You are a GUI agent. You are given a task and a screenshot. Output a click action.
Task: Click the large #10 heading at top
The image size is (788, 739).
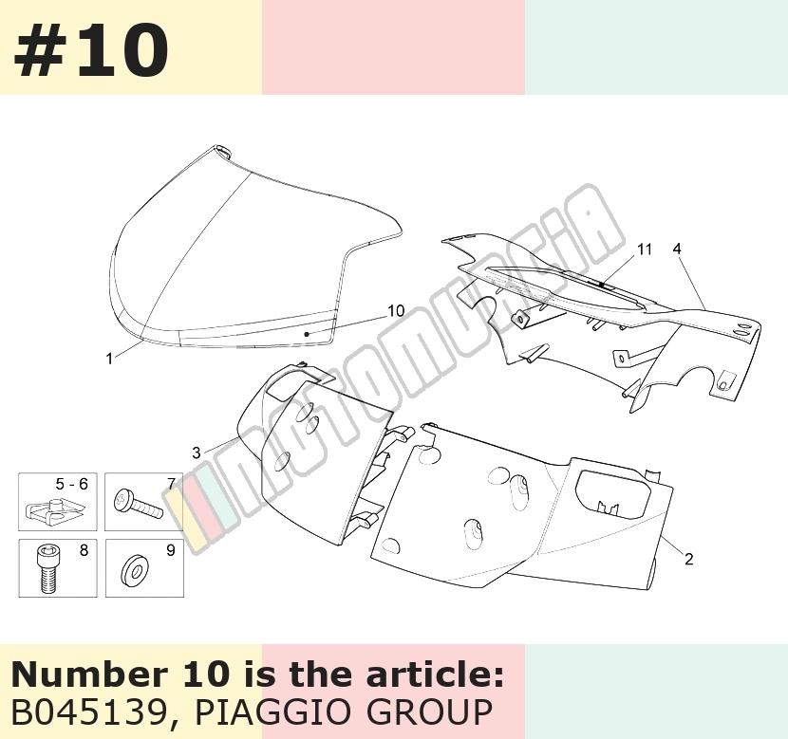(91, 50)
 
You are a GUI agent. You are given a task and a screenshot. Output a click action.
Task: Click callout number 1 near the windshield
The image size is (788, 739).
(109, 359)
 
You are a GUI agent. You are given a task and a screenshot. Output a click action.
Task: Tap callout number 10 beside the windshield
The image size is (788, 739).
(396, 311)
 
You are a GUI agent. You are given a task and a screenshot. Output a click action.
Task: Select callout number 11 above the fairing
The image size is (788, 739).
(645, 249)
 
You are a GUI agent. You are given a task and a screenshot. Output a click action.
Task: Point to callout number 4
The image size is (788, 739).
(677, 249)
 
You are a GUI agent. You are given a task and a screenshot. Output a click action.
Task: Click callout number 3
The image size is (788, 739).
(197, 453)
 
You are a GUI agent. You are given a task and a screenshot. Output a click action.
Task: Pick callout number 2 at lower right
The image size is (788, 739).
(689, 559)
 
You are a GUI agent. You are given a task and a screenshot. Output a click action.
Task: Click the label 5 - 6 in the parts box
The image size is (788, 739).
(71, 484)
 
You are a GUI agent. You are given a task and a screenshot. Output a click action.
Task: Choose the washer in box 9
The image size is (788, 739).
(135, 571)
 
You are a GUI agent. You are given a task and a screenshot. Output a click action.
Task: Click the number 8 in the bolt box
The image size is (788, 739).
(84, 550)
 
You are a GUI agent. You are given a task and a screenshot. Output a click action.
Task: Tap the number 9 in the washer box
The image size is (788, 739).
(171, 550)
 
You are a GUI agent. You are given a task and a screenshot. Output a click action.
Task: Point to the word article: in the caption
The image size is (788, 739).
(435, 674)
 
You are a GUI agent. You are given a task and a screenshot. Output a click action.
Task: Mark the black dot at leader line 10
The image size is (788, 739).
(307, 333)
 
